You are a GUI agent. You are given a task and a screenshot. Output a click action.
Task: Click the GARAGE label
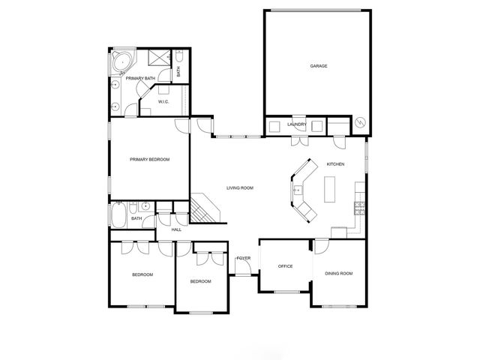[x=319, y=66]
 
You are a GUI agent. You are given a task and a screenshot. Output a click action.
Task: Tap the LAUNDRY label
[x=297, y=124]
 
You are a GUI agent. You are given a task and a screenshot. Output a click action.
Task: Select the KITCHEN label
[x=335, y=164]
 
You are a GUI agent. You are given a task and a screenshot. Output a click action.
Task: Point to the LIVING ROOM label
[x=240, y=187]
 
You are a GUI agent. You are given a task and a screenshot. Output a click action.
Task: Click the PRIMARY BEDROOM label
[x=149, y=159]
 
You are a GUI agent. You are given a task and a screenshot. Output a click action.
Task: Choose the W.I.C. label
[x=163, y=102]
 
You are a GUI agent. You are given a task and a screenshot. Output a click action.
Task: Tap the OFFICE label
[x=285, y=266]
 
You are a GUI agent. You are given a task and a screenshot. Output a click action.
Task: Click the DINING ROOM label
[x=338, y=273]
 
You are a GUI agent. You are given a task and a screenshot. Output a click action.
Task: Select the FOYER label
[x=243, y=258]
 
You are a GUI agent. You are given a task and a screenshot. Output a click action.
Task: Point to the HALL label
[x=176, y=229]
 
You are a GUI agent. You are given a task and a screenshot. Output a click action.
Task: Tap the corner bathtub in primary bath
[x=120, y=61]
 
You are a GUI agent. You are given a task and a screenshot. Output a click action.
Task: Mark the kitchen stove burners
[x=360, y=205]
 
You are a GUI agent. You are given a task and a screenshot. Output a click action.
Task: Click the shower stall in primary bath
[x=157, y=59]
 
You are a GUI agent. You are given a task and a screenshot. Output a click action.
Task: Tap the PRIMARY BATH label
[x=140, y=78]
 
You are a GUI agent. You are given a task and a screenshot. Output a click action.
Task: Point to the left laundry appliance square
[x=274, y=125]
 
